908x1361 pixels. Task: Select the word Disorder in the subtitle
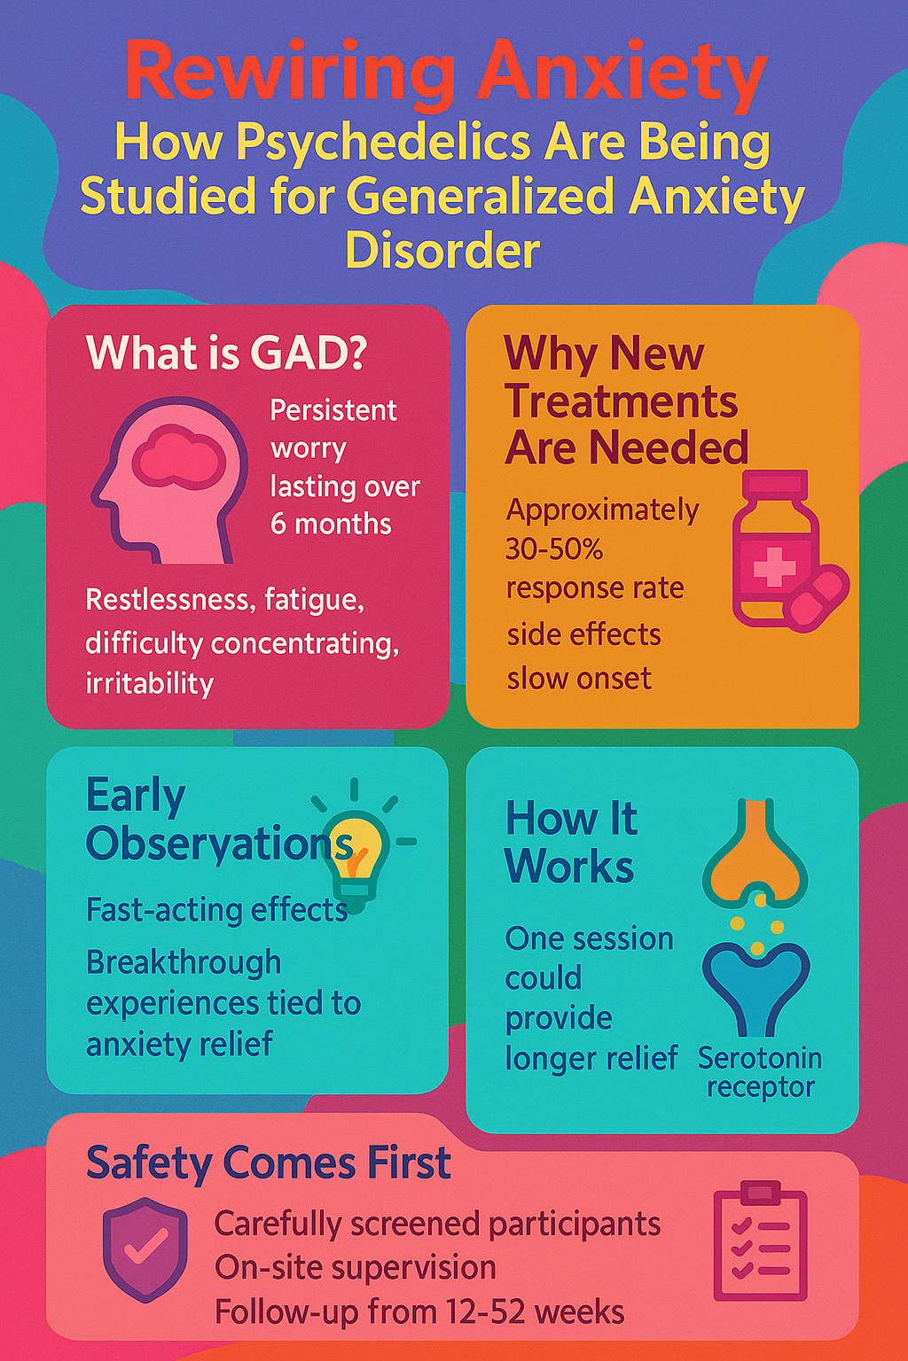pyautogui.click(x=442, y=250)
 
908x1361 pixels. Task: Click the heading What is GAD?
pyautogui.click(x=226, y=353)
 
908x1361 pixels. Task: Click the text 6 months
pyautogui.click(x=331, y=524)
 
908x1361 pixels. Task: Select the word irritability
pyautogui.click(x=150, y=683)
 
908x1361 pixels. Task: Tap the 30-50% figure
pyautogui.click(x=554, y=550)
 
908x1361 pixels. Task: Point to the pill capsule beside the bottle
pyautogui.click(x=816, y=598)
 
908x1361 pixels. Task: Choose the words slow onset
pyautogui.click(x=579, y=679)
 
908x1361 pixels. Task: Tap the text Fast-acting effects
pyautogui.click(x=216, y=910)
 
